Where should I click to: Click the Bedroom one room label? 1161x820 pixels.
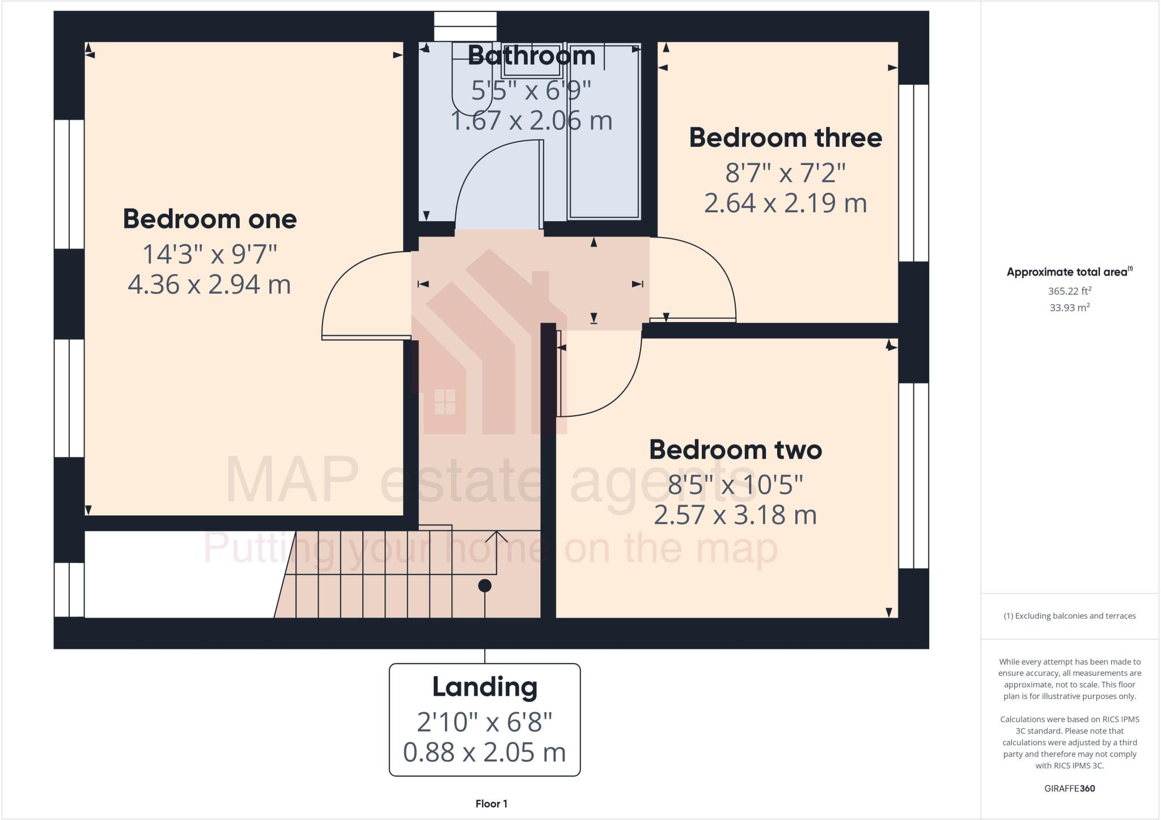pyautogui.click(x=210, y=219)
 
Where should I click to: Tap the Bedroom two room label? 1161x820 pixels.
pyautogui.click(x=735, y=450)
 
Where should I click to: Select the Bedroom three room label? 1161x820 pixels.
pyautogui.click(x=785, y=138)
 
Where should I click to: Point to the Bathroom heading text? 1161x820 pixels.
pyautogui.click(x=531, y=56)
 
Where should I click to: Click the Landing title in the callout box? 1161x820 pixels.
pyautogui.click(x=485, y=687)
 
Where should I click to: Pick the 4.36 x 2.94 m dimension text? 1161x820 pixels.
pyautogui.click(x=209, y=285)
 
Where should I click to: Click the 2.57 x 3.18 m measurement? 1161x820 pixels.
pyautogui.click(x=735, y=515)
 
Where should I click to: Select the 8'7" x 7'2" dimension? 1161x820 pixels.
pyautogui.click(x=785, y=172)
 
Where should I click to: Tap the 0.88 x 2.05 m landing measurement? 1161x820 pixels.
pyautogui.click(x=485, y=753)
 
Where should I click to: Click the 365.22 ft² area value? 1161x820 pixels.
pyautogui.click(x=1069, y=291)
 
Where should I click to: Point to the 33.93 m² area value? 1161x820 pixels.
pyautogui.click(x=1069, y=307)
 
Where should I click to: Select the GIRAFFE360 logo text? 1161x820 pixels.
pyautogui.click(x=1069, y=788)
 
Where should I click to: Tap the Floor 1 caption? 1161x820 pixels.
pyautogui.click(x=491, y=804)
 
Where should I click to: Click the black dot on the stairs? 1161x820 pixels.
pyautogui.click(x=485, y=586)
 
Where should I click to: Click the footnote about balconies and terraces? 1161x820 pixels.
pyautogui.click(x=1069, y=616)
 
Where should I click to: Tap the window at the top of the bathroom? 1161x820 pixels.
pyautogui.click(x=465, y=26)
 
